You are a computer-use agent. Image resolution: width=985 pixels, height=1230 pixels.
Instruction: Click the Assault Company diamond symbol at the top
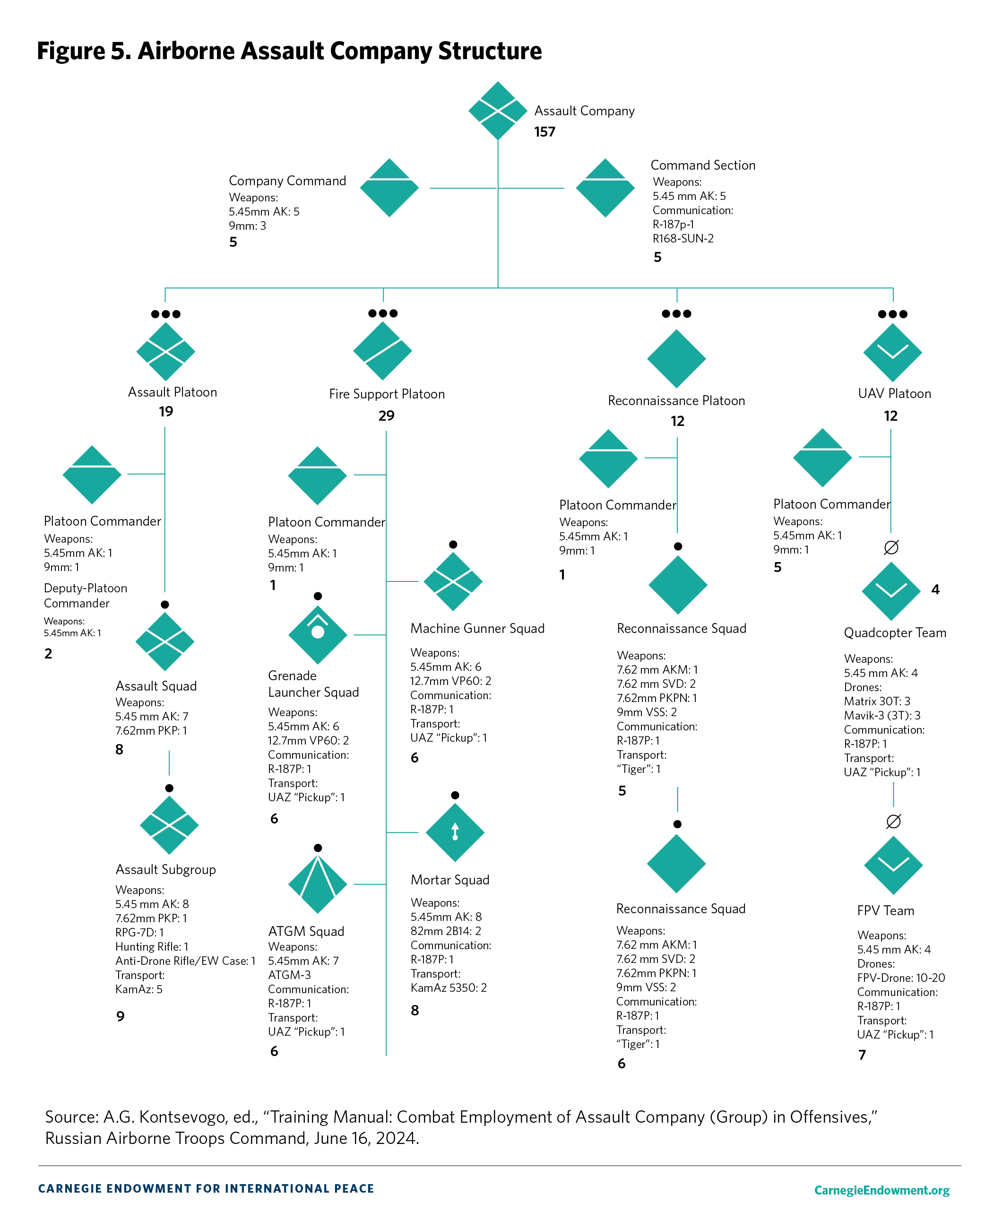tap(497, 111)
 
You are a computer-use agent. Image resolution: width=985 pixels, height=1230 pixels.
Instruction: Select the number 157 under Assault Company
tap(544, 132)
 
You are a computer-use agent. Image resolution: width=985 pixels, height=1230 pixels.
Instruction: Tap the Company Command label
tap(287, 181)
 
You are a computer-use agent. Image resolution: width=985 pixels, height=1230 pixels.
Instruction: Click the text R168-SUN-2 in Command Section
tap(683, 238)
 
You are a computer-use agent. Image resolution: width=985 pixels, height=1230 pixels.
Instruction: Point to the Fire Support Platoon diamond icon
tap(382, 351)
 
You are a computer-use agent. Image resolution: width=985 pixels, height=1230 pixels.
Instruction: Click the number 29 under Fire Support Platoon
tap(386, 416)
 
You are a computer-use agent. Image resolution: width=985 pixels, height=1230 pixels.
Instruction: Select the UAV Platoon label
tap(894, 394)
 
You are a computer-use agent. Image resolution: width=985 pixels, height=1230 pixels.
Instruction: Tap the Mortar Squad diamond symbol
tap(455, 832)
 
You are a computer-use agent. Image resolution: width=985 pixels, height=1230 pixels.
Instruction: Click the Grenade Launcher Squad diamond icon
tap(318, 634)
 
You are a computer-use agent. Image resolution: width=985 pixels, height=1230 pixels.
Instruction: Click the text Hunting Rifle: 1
tap(152, 946)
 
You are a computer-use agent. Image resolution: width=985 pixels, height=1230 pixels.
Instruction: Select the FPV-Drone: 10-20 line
tap(900, 978)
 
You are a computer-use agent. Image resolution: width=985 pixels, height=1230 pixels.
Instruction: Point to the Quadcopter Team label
tap(894, 632)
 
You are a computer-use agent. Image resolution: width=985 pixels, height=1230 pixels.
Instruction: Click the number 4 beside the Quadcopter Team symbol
tap(935, 590)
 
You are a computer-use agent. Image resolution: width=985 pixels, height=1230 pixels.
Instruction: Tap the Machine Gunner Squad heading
tap(477, 628)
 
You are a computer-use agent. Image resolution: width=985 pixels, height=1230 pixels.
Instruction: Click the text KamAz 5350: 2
tap(448, 987)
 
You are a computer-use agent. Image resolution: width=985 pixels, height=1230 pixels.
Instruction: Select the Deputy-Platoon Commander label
tap(85, 596)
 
